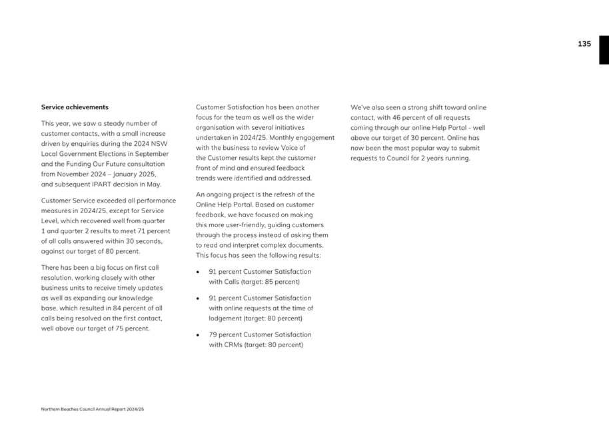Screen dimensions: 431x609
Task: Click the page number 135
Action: click(x=584, y=44)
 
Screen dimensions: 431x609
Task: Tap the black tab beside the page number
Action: click(x=603, y=50)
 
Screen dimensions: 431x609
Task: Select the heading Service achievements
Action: click(x=75, y=107)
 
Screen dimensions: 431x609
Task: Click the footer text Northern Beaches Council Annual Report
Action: click(x=92, y=409)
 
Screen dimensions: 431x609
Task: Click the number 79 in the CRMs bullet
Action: click(x=213, y=334)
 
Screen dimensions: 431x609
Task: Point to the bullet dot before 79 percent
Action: click(x=199, y=335)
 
